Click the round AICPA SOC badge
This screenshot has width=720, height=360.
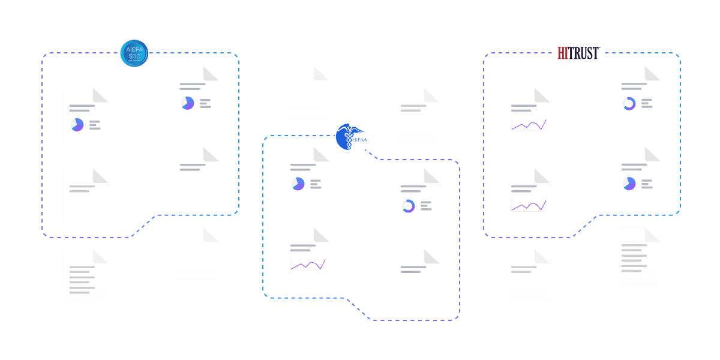(x=134, y=53)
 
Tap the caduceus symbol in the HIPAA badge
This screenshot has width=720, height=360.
(x=347, y=135)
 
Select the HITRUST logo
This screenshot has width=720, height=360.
(x=578, y=53)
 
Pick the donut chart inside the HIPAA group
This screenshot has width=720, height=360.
(x=408, y=206)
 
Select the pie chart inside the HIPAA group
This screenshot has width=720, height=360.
(x=298, y=184)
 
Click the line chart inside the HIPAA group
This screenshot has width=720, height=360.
(x=307, y=264)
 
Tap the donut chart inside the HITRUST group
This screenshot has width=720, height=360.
(x=629, y=104)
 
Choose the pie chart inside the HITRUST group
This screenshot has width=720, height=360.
(x=629, y=184)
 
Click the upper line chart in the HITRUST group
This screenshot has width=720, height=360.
(x=528, y=124)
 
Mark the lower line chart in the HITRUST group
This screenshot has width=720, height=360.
(x=528, y=205)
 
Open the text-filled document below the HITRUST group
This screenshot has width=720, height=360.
(x=638, y=256)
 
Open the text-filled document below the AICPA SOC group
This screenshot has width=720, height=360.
(x=86, y=277)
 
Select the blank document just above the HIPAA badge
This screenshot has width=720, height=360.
(x=307, y=95)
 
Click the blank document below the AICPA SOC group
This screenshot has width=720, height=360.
(x=196, y=256)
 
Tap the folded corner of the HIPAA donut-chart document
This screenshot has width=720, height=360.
(x=433, y=175)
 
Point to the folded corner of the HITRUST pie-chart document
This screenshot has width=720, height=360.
(x=653, y=154)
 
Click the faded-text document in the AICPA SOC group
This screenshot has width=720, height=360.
(x=86, y=197)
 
